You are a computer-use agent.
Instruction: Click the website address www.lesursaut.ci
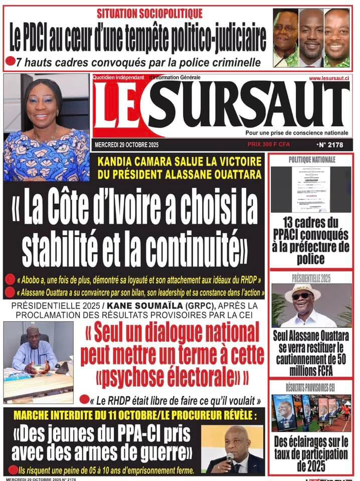tap(329, 78)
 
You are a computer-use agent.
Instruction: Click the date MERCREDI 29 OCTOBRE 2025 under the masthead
tap(123, 145)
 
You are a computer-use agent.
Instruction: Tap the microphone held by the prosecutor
tap(230, 457)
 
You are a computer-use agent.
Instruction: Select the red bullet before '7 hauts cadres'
tap(10, 62)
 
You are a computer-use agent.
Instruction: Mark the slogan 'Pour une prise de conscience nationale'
tap(297, 133)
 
